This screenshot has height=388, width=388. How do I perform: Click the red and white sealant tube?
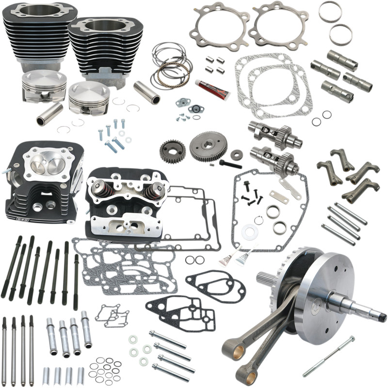pyautogui.click(x=211, y=90)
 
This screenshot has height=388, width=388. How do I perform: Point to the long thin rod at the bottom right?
pyautogui.click(x=328, y=356)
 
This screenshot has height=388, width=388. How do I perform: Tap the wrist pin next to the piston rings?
pyautogui.click(x=148, y=92)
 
